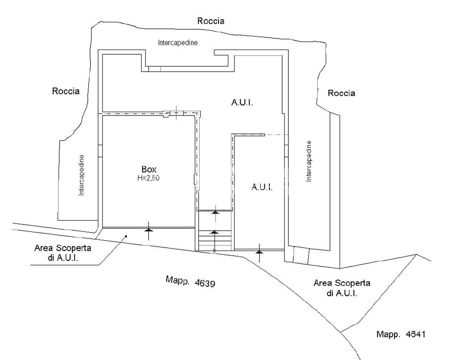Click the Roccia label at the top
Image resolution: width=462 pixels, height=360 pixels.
[211, 21]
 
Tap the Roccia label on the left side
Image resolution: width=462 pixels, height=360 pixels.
[66, 91]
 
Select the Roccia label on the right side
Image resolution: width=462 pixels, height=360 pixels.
[341, 93]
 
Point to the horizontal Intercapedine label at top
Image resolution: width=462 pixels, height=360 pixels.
[178, 43]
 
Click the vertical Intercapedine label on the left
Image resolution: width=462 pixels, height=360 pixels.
[81, 175]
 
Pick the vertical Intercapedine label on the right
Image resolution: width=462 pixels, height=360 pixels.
[309, 161]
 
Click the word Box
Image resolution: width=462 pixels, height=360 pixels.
[149, 169]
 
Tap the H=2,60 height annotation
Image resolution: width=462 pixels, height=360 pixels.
[148, 178]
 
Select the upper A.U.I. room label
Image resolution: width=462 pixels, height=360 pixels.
[242, 102]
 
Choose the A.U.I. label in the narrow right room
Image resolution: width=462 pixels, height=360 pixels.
[262, 187]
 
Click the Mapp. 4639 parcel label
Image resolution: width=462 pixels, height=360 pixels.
[190, 281]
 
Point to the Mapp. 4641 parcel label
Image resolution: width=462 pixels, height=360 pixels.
[401, 334]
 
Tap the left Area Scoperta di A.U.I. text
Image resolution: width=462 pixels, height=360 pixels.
[63, 253]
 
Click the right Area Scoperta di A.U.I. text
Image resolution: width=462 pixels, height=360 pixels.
[342, 288]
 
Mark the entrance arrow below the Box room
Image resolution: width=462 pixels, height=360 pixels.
[148, 231]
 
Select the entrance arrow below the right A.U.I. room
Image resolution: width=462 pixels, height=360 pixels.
[259, 253]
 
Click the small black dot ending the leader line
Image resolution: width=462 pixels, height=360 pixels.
[126, 236]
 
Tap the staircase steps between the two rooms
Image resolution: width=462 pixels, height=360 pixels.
[215, 241]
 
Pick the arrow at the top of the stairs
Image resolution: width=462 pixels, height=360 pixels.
[216, 213]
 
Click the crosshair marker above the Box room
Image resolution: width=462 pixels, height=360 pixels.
[176, 113]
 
